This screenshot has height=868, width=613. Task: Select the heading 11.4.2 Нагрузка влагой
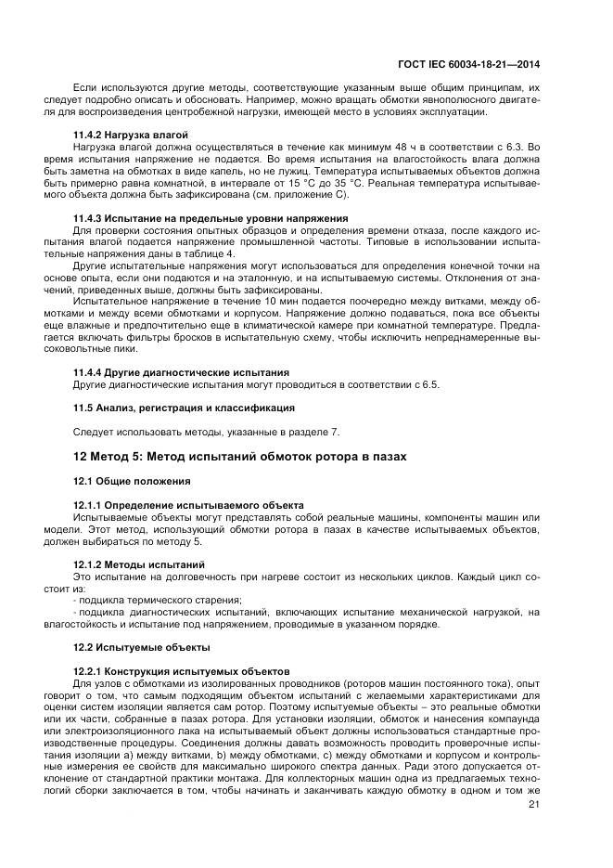tap(131, 135)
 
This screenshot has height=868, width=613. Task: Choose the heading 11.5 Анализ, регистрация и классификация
tap(184, 407)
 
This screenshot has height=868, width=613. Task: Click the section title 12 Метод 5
tap(239, 456)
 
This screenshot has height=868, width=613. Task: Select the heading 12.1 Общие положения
tap(132, 481)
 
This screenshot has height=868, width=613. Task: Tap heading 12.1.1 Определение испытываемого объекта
tap(188, 504)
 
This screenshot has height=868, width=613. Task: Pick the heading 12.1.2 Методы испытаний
tap(139, 564)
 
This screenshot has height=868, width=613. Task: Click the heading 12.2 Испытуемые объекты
tap(141, 646)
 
